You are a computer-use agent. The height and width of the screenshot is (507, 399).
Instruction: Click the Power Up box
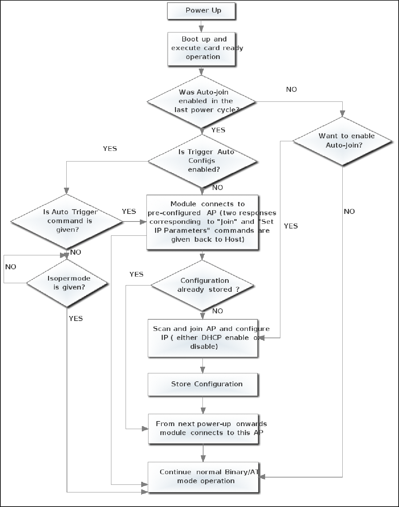click(201, 11)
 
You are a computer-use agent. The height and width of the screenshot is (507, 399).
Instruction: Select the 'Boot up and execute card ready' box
click(201, 48)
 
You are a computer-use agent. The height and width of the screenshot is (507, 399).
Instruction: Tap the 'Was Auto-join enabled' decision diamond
click(201, 101)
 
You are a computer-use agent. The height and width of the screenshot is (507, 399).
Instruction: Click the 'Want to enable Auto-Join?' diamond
click(343, 141)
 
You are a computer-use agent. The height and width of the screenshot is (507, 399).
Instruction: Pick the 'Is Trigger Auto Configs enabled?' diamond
click(202, 161)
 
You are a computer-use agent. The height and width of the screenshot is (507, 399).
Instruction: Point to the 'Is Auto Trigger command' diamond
click(67, 221)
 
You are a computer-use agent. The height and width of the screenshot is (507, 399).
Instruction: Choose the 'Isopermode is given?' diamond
click(67, 283)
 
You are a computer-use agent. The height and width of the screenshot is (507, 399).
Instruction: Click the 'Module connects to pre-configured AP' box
click(202, 222)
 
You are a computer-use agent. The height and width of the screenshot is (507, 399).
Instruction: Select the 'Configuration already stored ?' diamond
click(203, 285)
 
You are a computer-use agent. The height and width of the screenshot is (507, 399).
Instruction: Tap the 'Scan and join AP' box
click(203, 338)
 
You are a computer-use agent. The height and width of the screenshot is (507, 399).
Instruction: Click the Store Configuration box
click(203, 384)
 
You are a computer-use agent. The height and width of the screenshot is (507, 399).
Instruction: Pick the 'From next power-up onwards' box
click(203, 428)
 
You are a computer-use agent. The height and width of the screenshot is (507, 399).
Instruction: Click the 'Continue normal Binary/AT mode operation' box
click(203, 476)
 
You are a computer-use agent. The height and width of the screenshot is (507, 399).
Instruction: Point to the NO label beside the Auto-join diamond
click(291, 90)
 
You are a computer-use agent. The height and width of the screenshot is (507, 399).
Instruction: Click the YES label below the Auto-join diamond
click(218, 130)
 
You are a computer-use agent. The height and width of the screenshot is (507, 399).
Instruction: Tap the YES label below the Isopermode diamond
click(76, 319)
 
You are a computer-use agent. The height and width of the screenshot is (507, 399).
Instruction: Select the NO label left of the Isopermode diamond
click(11, 267)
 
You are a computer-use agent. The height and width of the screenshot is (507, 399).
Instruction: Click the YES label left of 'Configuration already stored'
click(136, 274)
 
